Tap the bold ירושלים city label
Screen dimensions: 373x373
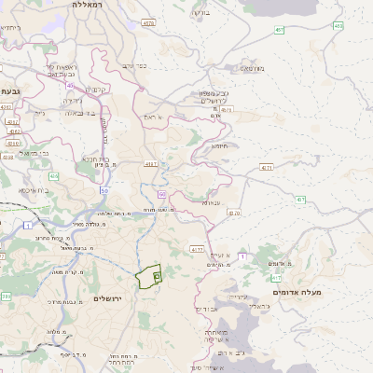tap(108, 297)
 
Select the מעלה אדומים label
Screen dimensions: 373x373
tap(297, 293)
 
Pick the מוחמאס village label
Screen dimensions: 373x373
tap(254, 68)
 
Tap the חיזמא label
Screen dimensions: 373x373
tap(220, 145)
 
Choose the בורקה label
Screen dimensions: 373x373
tap(199, 14)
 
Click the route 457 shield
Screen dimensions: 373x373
tap(281, 31)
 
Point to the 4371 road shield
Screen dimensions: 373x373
tap(267, 168)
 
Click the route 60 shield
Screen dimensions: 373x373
tap(161, 194)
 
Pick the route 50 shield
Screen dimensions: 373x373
tap(104, 191)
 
